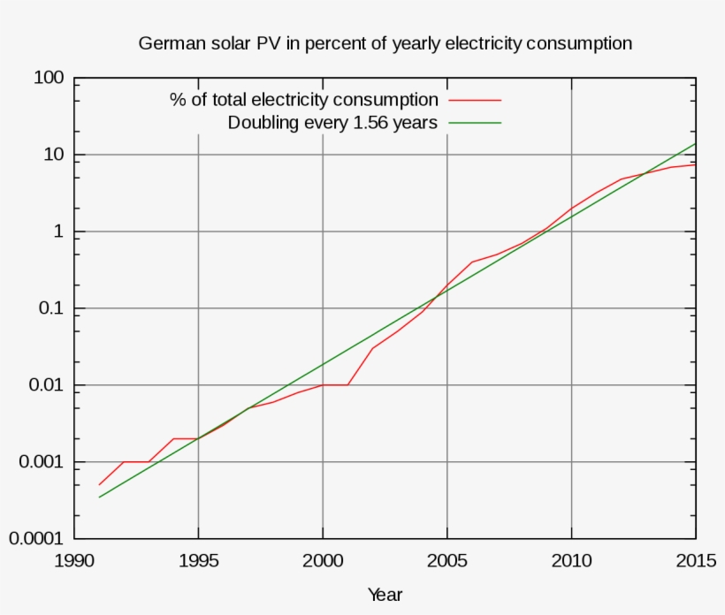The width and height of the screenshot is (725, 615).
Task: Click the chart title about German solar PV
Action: [x=385, y=43]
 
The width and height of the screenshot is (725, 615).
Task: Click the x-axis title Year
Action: [x=385, y=595]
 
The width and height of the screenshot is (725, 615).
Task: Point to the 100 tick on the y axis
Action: [x=49, y=79]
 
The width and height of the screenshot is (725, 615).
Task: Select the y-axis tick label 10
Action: [x=54, y=156]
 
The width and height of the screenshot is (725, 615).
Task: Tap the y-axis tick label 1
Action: [x=59, y=232]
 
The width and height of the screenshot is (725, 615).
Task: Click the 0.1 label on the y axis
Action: [x=52, y=309]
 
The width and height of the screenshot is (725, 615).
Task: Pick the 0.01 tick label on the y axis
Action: [x=48, y=386]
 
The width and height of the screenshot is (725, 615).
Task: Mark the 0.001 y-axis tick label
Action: [x=43, y=463]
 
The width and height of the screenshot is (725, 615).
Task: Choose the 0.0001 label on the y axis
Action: [x=39, y=539]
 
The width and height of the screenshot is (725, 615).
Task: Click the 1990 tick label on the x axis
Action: [x=74, y=560]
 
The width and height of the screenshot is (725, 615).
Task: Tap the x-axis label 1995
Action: [x=198, y=560]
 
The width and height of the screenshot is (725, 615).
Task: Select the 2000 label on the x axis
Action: [x=323, y=560]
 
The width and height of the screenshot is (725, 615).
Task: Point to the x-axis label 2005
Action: [x=447, y=560]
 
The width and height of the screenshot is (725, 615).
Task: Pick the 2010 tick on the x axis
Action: [x=571, y=560]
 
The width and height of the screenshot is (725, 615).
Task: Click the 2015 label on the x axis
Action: [x=695, y=560]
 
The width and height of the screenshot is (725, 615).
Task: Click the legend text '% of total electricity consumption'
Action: [x=303, y=100]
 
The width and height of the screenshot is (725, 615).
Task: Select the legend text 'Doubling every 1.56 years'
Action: [x=332, y=123]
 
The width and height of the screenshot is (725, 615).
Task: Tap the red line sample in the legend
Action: [x=475, y=100]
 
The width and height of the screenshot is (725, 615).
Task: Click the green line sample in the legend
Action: [x=475, y=123]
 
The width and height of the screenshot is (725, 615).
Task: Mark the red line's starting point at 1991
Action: [x=99, y=485]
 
